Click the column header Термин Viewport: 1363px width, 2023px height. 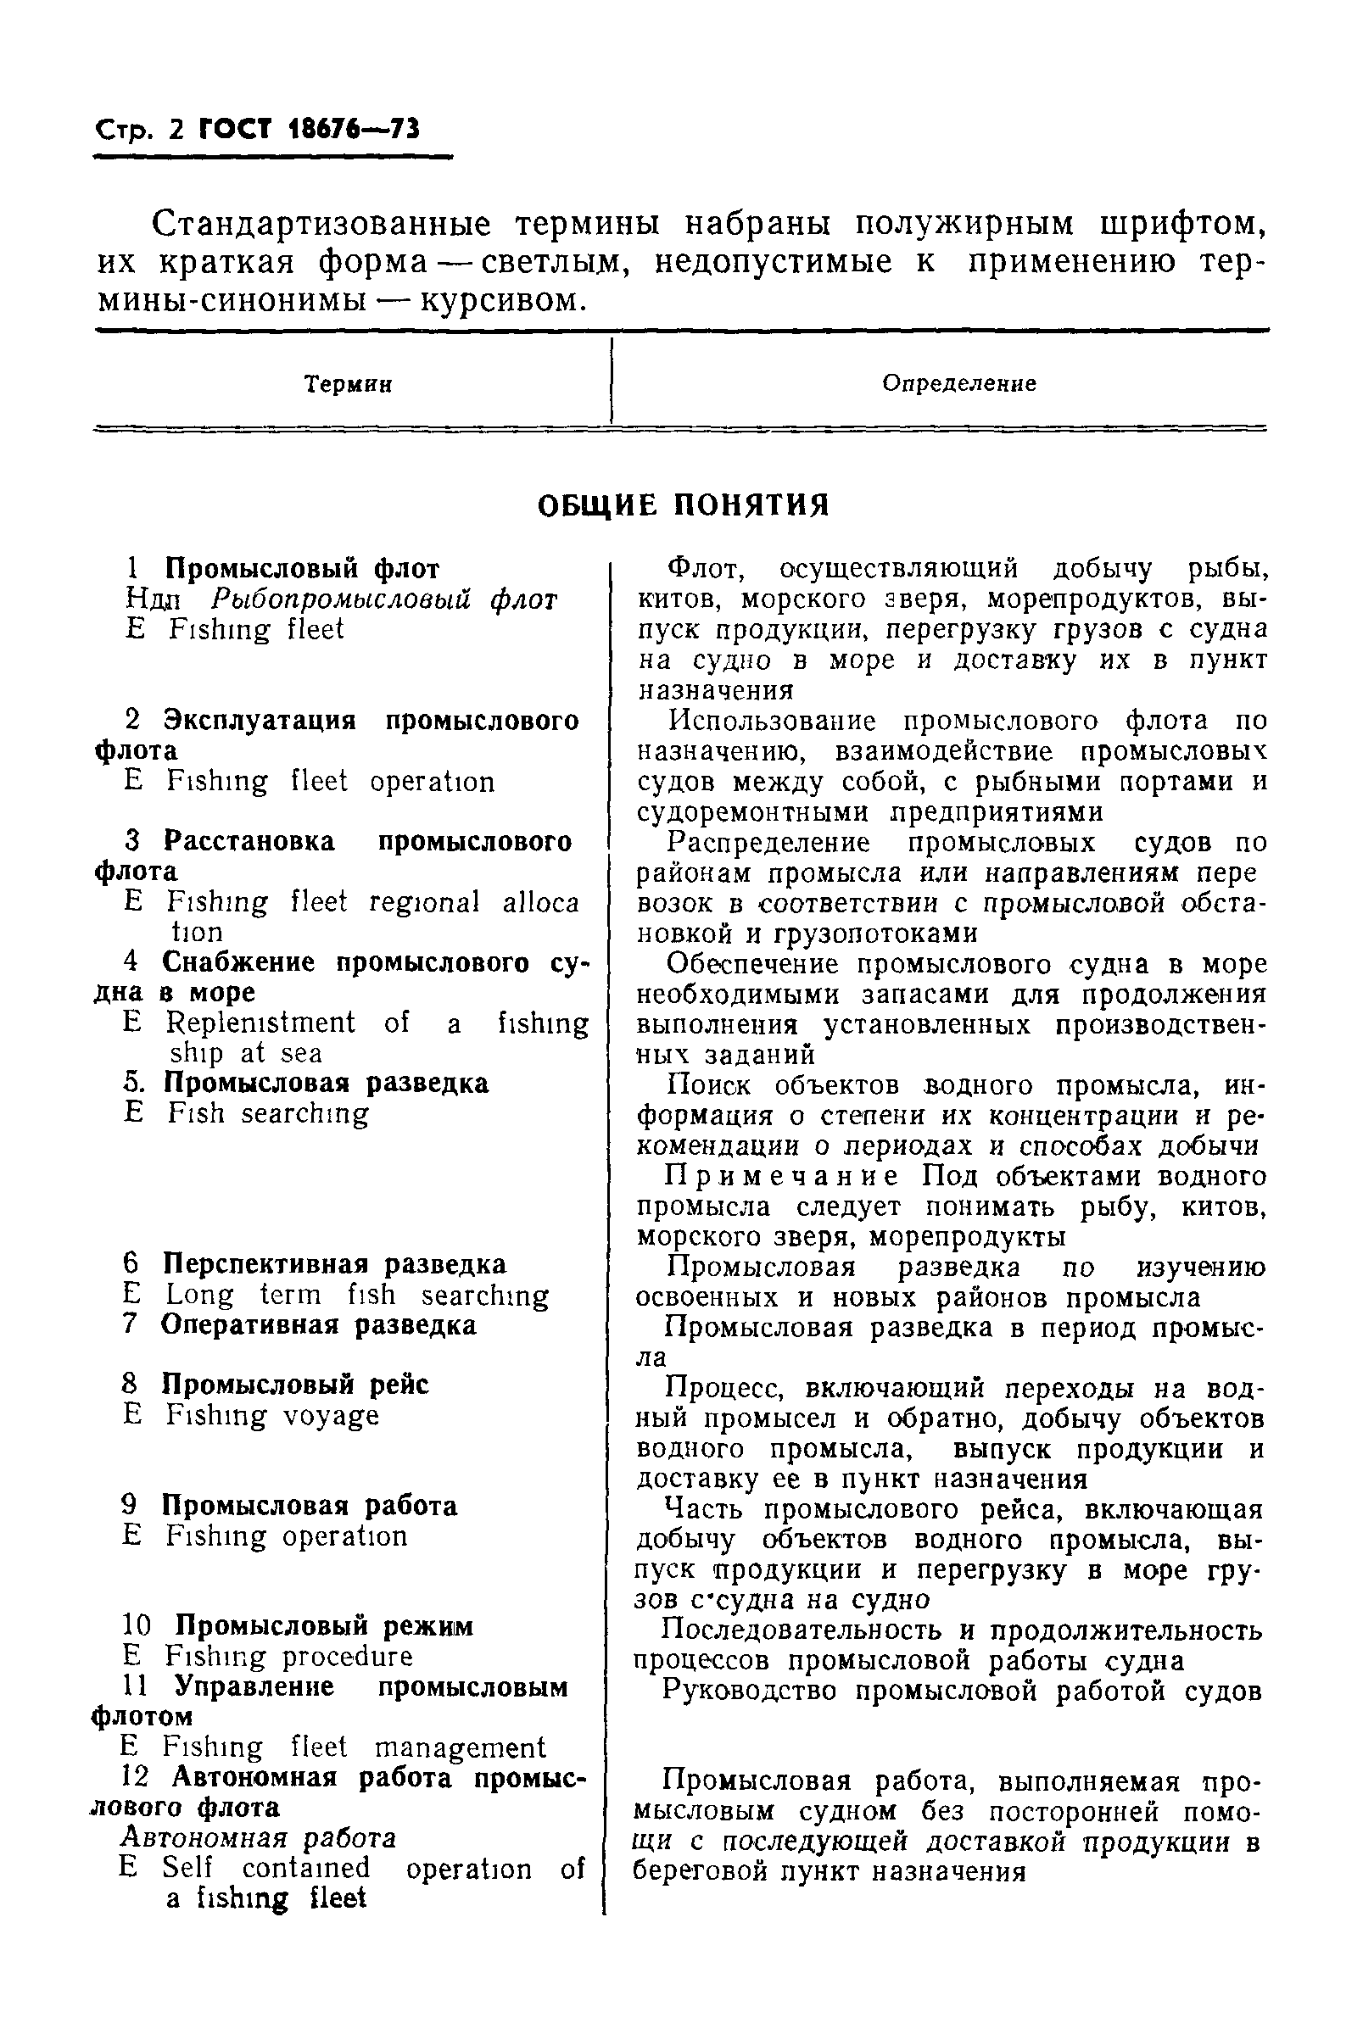(348, 384)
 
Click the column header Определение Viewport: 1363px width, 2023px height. (958, 383)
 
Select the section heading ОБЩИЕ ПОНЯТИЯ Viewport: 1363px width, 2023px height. (684, 504)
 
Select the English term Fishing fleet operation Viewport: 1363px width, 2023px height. (330, 781)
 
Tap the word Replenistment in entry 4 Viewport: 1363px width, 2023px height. (260, 1023)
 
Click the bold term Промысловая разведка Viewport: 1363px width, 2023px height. (326, 1083)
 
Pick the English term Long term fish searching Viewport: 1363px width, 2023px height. (357, 1295)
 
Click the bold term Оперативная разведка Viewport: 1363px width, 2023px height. (319, 1324)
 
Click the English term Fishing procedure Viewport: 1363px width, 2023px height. (288, 1656)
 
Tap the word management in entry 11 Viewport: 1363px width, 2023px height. (460, 1747)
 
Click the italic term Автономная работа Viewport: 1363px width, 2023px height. (259, 1838)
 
